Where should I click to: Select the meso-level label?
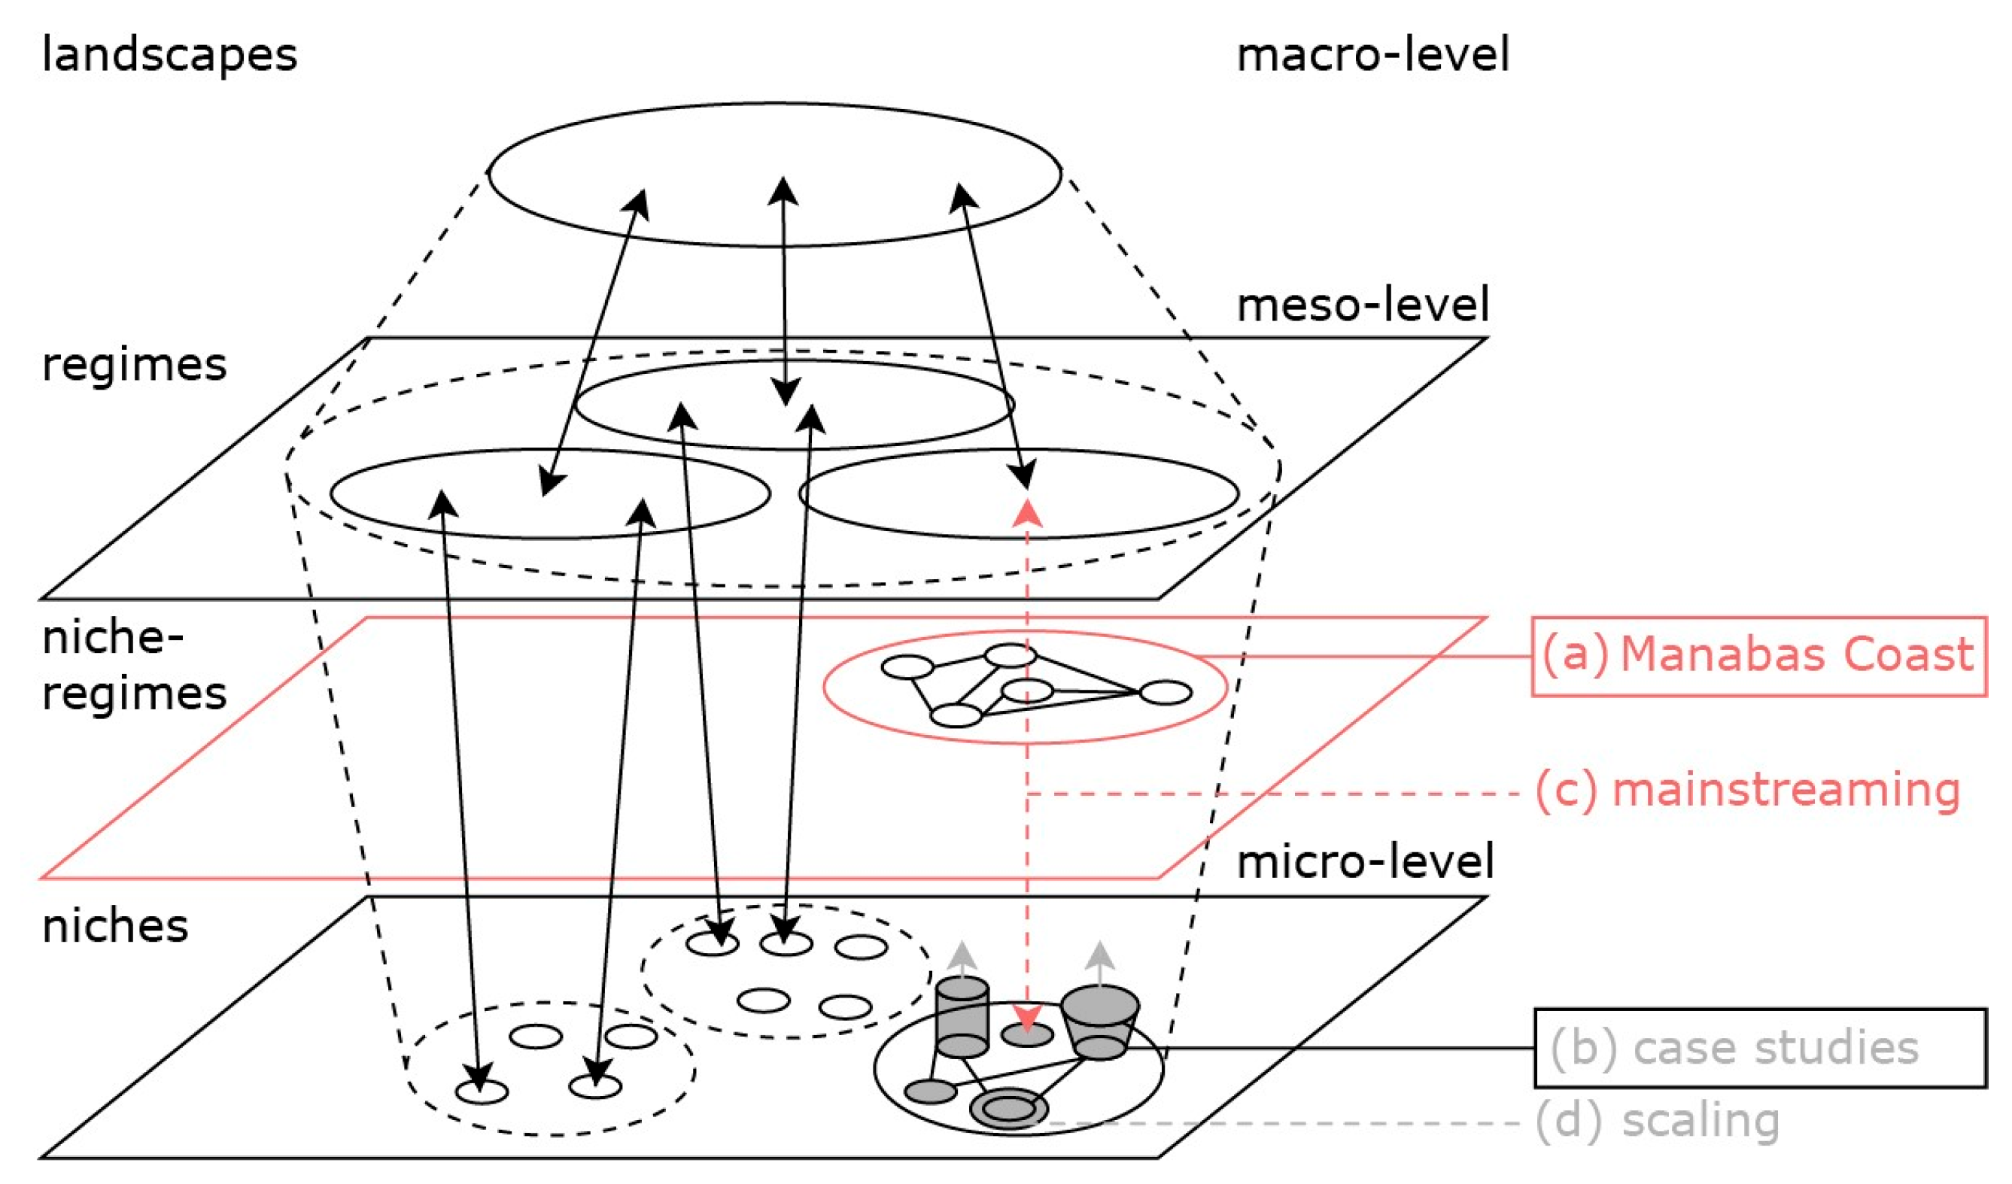tap(1362, 305)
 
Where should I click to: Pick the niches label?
tap(115, 927)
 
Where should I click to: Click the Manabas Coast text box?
tap(1758, 656)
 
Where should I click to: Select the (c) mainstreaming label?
tap(1747, 791)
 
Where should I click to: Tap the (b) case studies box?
tap(1760, 1049)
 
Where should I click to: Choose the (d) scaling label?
tap(1658, 1121)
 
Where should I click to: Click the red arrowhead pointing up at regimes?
tap(1027, 512)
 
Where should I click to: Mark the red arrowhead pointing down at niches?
tap(1027, 1019)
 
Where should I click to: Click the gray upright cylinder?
tap(962, 1016)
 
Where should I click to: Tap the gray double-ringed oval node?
tap(1009, 1109)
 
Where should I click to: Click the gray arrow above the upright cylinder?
tap(963, 958)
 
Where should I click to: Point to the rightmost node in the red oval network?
tap(1166, 692)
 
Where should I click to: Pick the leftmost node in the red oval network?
tap(907, 666)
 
